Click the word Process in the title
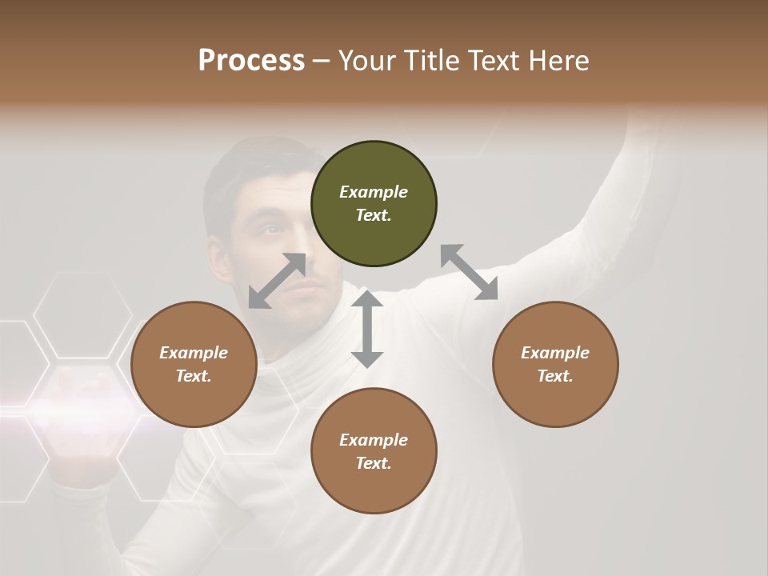click(251, 61)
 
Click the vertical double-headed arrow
click(367, 329)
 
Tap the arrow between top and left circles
click(277, 281)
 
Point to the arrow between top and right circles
click(469, 272)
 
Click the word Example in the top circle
click(374, 192)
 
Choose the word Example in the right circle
click(555, 353)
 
